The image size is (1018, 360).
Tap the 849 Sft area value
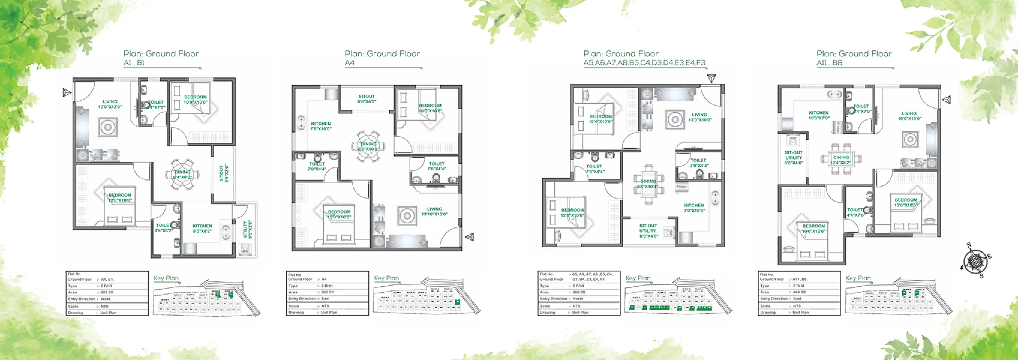click(799, 292)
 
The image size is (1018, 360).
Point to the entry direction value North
click(578, 299)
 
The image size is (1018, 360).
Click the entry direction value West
click(106, 299)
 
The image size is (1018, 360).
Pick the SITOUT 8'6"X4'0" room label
click(367, 99)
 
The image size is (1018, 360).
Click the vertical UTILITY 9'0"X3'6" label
click(247, 229)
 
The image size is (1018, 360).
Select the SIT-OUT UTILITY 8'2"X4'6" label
click(794, 157)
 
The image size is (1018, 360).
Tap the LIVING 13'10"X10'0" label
click(434, 211)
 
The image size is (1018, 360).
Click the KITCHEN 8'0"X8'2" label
click(202, 228)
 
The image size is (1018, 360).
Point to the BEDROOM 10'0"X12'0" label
click(814, 228)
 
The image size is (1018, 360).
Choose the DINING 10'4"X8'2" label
click(841, 160)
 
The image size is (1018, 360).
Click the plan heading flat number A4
click(350, 63)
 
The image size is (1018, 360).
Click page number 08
click(17, 345)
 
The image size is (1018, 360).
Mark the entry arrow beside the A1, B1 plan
click(67, 92)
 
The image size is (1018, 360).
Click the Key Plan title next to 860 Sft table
click(638, 278)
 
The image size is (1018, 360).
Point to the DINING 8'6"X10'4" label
click(648, 184)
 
